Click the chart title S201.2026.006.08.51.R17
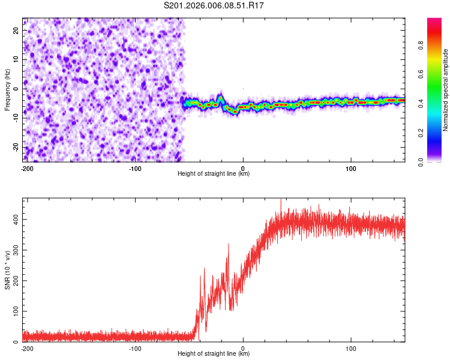coord(214,6)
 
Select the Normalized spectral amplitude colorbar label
coord(446,90)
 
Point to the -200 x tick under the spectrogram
coord(26,168)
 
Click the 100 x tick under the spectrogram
coord(352,168)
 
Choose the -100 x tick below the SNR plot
coord(135,348)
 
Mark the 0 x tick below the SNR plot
coord(243,348)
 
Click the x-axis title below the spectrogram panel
coord(214,174)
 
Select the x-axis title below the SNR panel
coord(214,354)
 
